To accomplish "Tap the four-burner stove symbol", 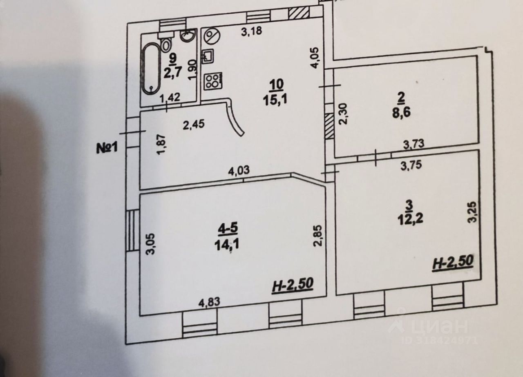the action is pyautogui.click(x=213, y=80).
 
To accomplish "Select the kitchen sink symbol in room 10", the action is pyautogui.click(x=208, y=56).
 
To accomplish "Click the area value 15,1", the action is pyautogui.click(x=276, y=98).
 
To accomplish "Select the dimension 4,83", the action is pyautogui.click(x=209, y=303).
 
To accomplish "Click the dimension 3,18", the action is pyautogui.click(x=250, y=31).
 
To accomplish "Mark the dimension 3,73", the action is pyautogui.click(x=413, y=143).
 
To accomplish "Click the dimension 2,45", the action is pyautogui.click(x=194, y=124).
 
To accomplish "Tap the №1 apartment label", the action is pyautogui.click(x=107, y=147).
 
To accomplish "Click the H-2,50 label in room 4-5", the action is pyautogui.click(x=292, y=285).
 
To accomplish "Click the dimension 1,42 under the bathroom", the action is pyautogui.click(x=170, y=98).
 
